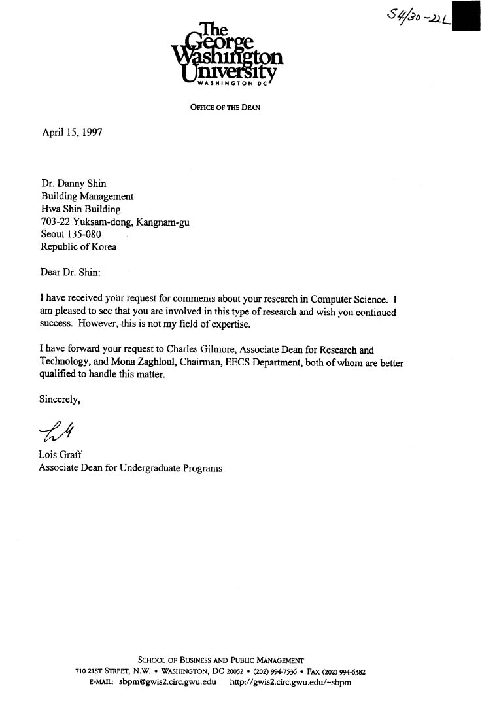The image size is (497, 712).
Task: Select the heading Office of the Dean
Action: (x=225, y=108)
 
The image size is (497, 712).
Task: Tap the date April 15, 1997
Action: (x=72, y=131)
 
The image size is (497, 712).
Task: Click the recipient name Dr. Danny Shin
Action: (x=74, y=183)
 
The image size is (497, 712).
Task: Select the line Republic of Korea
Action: (x=79, y=247)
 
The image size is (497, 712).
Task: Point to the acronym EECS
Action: (x=273, y=363)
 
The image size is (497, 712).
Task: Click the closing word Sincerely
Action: (x=60, y=400)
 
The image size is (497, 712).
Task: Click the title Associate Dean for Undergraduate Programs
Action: (x=130, y=468)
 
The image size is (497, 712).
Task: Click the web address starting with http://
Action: (x=291, y=682)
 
